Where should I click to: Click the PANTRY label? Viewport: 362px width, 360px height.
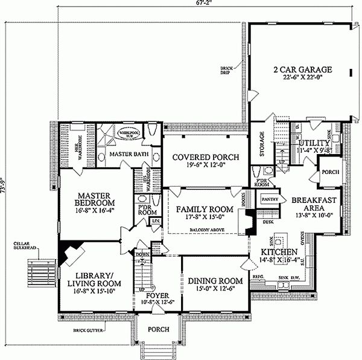[269, 198]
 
